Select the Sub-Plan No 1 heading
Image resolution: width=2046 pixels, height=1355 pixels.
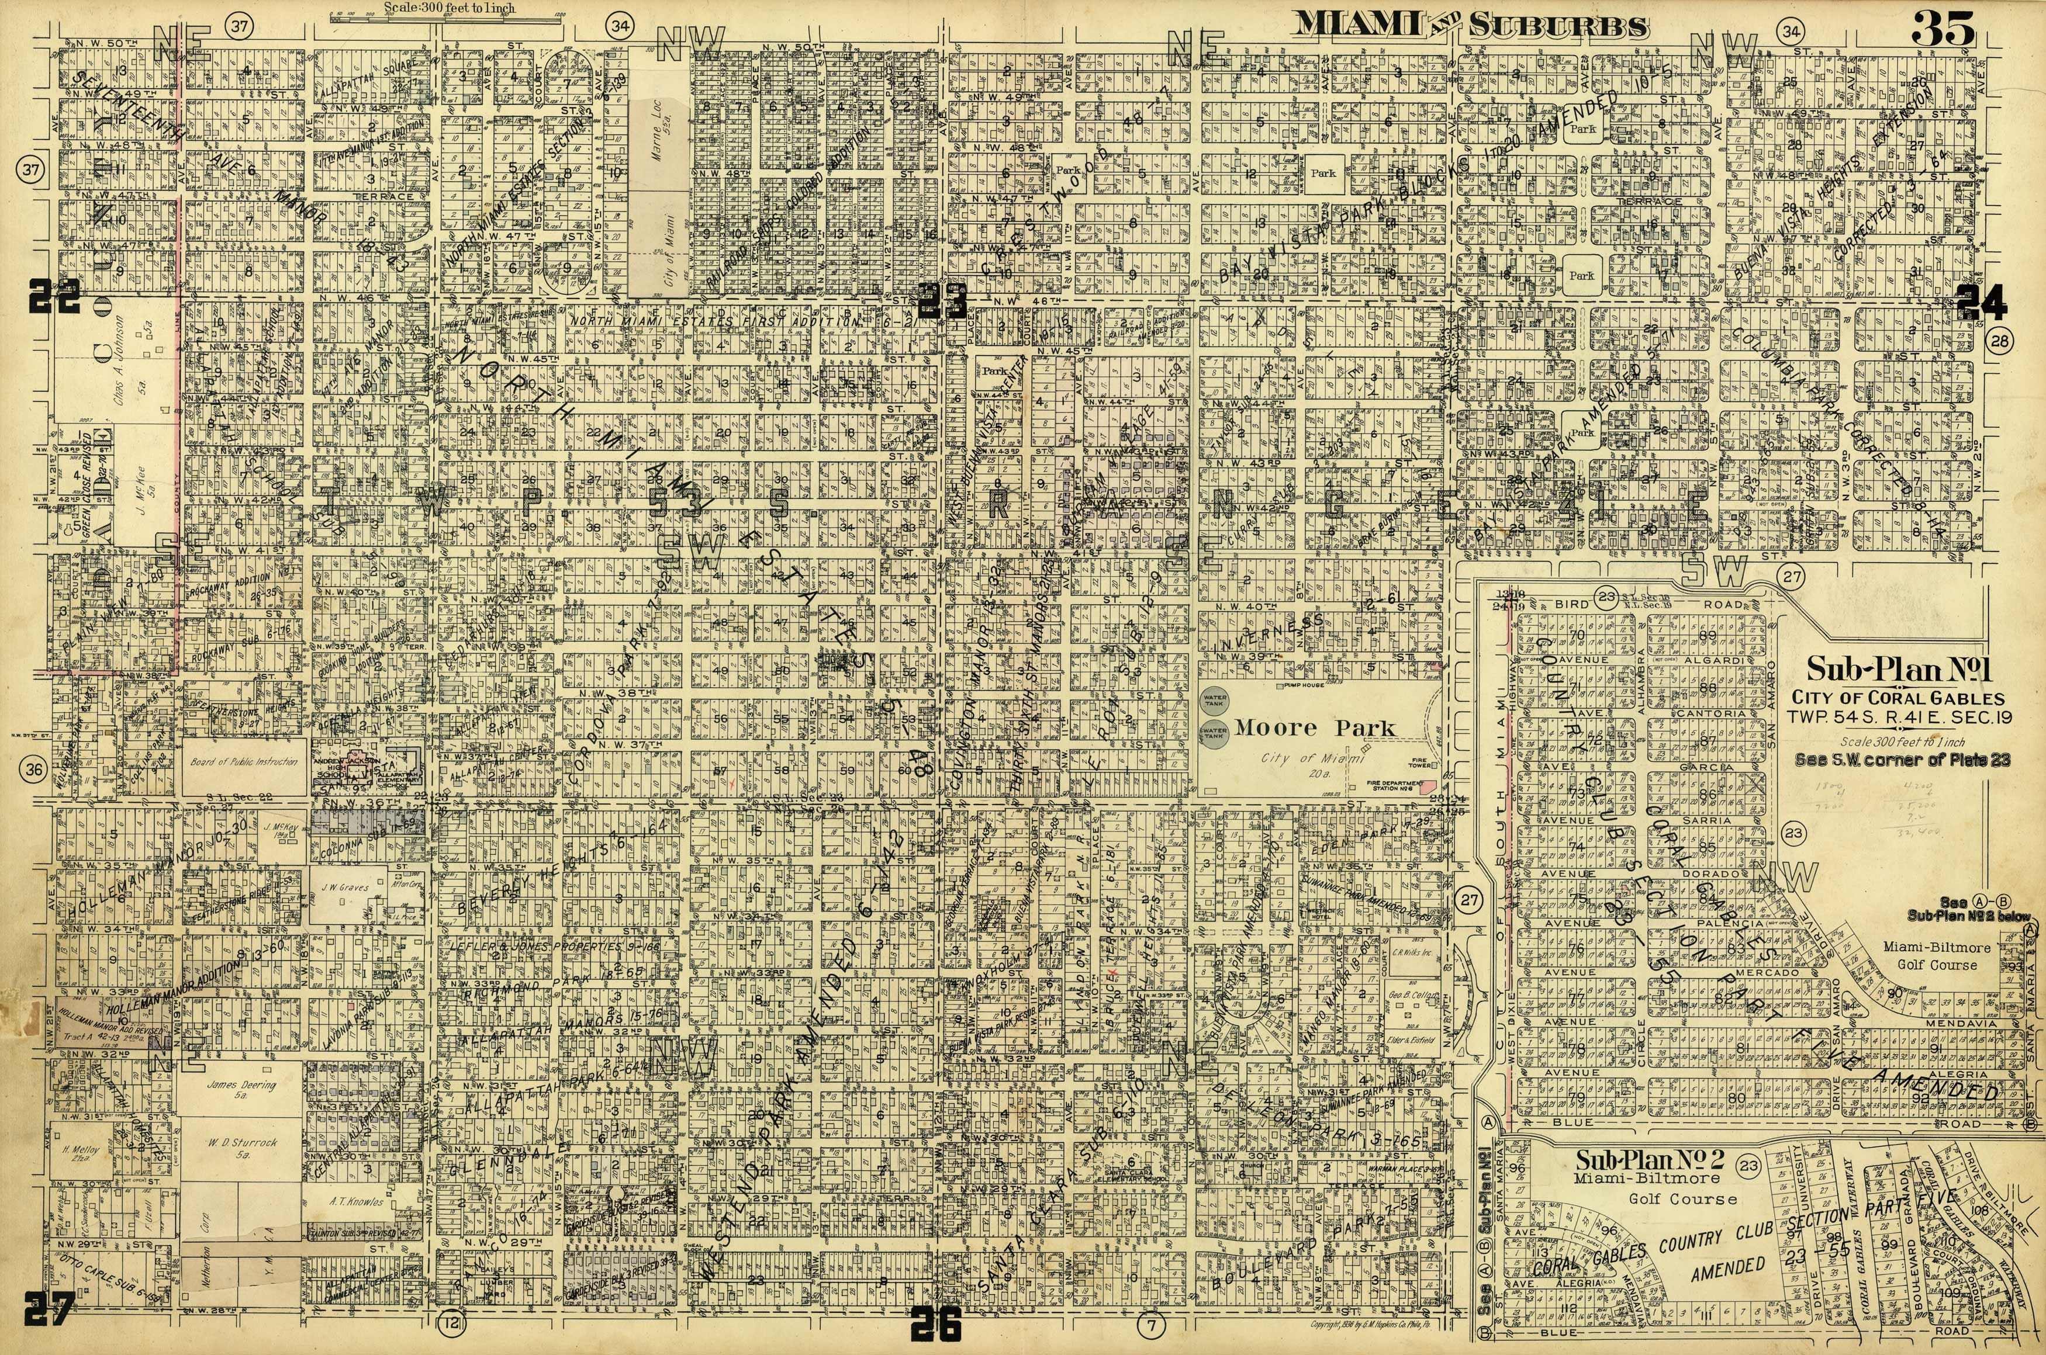click(1899, 671)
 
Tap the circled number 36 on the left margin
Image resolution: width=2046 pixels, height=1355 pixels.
click(33, 772)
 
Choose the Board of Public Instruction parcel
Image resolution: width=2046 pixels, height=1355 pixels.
click(243, 762)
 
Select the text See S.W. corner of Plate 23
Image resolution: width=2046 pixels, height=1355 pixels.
click(1902, 760)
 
